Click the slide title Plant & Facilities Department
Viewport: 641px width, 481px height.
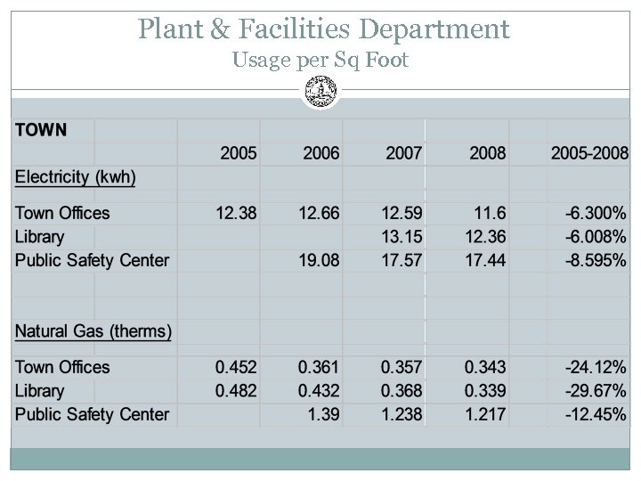click(324, 29)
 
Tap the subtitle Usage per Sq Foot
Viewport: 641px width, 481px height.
click(320, 61)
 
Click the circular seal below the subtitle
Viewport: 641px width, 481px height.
click(320, 90)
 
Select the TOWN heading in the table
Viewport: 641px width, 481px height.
click(40, 130)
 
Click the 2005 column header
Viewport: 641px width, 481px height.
click(239, 154)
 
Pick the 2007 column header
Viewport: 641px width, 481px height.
click(403, 154)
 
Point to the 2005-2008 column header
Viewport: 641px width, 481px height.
click(589, 154)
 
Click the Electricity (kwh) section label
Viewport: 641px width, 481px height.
click(76, 177)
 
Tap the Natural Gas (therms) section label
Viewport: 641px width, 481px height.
click(93, 332)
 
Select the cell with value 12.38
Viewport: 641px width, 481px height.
click(237, 213)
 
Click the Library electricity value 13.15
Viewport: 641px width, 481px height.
click(402, 237)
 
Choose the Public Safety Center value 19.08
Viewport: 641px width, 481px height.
click(319, 261)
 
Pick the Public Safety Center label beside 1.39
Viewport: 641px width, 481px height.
click(92, 414)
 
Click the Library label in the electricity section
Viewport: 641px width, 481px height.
click(39, 237)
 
